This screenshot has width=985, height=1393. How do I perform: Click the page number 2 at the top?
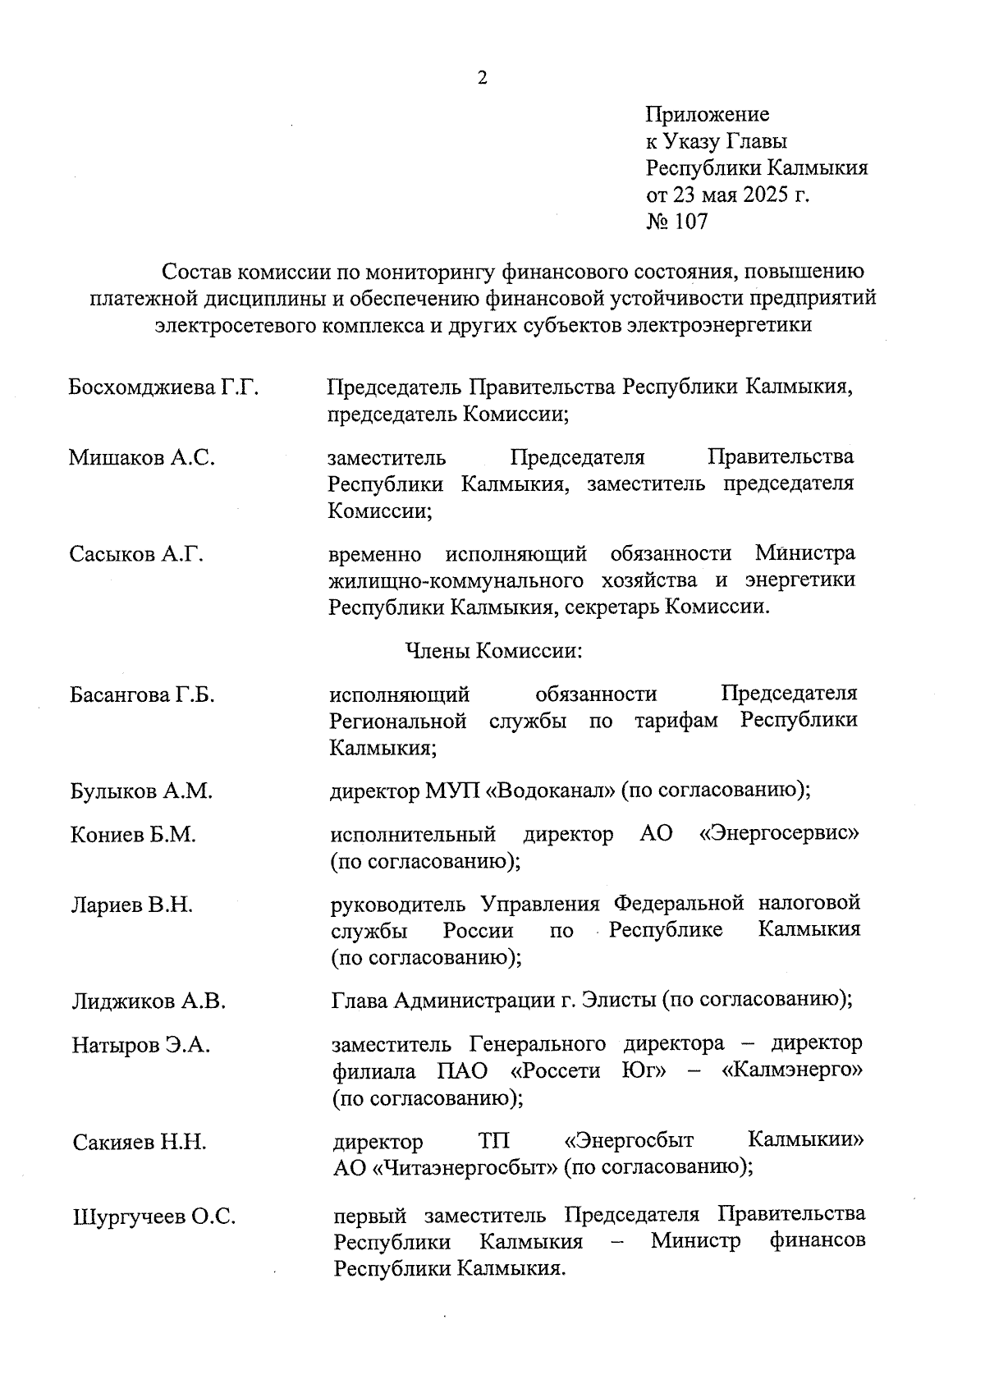point(482,78)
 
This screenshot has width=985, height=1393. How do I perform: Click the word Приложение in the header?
point(707,114)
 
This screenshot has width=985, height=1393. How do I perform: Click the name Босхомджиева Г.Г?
point(164,387)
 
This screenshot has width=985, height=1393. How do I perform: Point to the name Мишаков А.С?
point(142,458)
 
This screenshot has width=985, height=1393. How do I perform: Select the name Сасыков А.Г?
point(136,554)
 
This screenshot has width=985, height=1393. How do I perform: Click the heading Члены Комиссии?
point(493,651)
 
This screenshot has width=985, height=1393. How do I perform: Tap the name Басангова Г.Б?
point(143,695)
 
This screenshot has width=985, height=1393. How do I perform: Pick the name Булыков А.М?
point(141,791)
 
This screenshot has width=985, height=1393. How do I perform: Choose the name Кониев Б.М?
point(134,835)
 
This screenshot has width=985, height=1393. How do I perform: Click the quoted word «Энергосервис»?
point(779,835)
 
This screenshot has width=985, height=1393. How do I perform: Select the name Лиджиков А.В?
point(149,1001)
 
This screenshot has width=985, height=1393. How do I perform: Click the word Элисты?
point(618,1001)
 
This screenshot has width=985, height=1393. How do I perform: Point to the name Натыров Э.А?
point(141,1045)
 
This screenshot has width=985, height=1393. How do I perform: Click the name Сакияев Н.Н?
point(140,1142)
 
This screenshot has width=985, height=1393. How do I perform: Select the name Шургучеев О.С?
point(154,1217)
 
